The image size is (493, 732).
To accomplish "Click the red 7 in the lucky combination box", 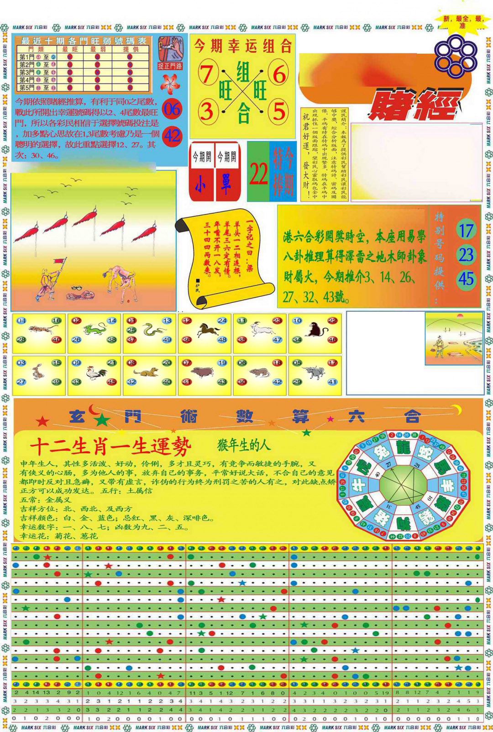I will point(207,74).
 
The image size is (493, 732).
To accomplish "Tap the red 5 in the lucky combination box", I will point(279,111).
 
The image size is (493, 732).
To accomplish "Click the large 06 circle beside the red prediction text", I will point(172,110).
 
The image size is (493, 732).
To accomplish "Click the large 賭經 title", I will point(413,104).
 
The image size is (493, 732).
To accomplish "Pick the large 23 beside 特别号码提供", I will point(466,255).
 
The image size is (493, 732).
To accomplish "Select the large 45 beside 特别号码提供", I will point(466,279).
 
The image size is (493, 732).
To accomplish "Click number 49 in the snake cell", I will point(167,340).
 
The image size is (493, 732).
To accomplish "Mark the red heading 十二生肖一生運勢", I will point(111,447).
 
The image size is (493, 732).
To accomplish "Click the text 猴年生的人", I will point(244,445).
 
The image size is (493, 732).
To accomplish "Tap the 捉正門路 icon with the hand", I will point(170,53).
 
